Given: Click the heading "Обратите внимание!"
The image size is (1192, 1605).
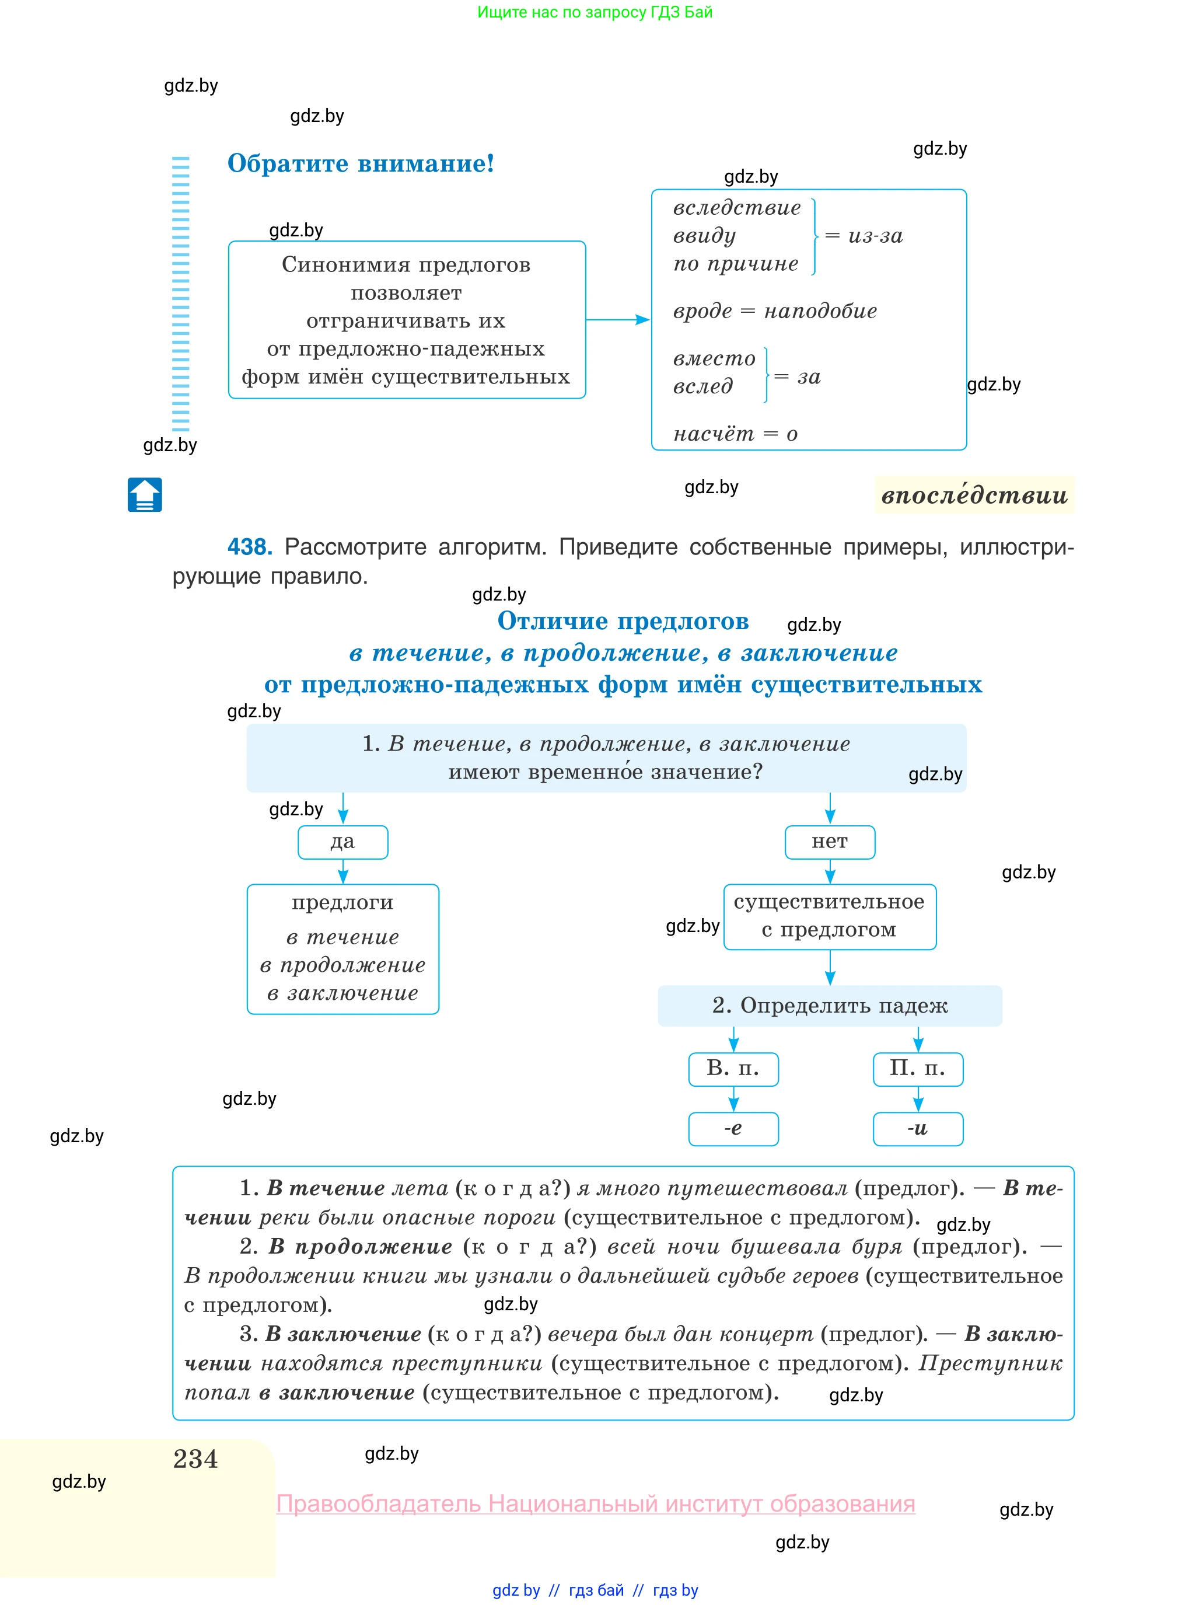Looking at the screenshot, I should pyautogui.click(x=361, y=164).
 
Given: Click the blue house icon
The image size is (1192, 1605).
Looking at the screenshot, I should pyautogui.click(x=145, y=495).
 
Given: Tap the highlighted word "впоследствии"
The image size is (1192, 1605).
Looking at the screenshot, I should pyautogui.click(x=974, y=495).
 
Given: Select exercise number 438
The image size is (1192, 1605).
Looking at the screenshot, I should pyautogui.click(x=250, y=547).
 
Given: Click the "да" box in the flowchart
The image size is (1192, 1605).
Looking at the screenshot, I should pyautogui.click(x=342, y=842).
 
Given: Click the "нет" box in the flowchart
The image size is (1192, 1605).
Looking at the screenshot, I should pyautogui.click(x=830, y=842).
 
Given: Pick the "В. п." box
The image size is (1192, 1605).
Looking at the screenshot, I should pyautogui.click(x=733, y=1069).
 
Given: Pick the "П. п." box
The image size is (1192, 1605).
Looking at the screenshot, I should pyautogui.click(x=918, y=1069).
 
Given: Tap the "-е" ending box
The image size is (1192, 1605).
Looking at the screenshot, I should pyautogui.click(x=733, y=1129).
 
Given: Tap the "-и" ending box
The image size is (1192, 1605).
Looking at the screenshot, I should pyautogui.click(x=918, y=1129).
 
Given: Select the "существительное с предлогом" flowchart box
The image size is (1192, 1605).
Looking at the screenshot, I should pyautogui.click(x=830, y=916).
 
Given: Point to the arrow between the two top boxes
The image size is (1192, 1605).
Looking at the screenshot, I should pyautogui.click(x=618, y=320).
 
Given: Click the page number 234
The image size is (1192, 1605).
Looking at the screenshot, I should pyautogui.click(x=195, y=1459).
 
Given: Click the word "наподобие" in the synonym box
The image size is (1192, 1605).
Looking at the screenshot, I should pyautogui.click(x=820, y=311).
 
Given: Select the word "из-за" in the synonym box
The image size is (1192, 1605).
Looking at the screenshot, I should pyautogui.click(x=875, y=236).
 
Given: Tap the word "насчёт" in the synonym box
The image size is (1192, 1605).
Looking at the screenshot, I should pyautogui.click(x=714, y=434).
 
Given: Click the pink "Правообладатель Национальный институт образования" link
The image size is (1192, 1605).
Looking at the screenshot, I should pyautogui.click(x=596, y=1504).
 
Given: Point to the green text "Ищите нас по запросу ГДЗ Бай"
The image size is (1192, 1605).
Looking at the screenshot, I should pyautogui.click(x=595, y=12).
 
